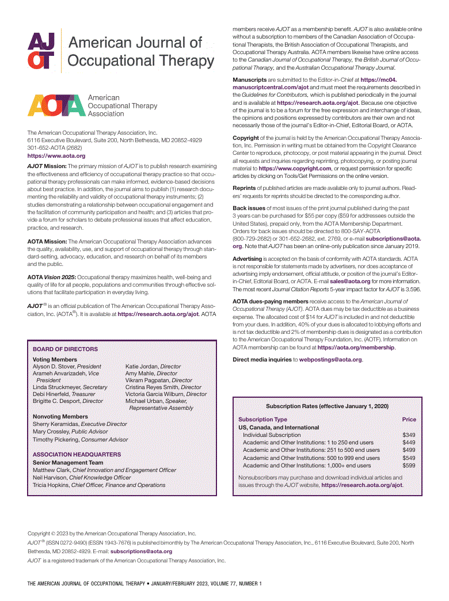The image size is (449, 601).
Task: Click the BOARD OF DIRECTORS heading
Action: pos(65,349)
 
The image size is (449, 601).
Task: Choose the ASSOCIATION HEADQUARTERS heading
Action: pos(77,454)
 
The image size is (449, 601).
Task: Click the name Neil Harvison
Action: pos(50,477)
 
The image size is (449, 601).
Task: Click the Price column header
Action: pos(409,420)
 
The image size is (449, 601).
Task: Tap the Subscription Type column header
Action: pos(262,420)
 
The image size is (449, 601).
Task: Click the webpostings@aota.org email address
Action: pos(330,360)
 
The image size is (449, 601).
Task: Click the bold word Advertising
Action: pos(248,260)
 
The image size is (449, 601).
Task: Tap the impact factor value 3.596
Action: pos(413,290)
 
